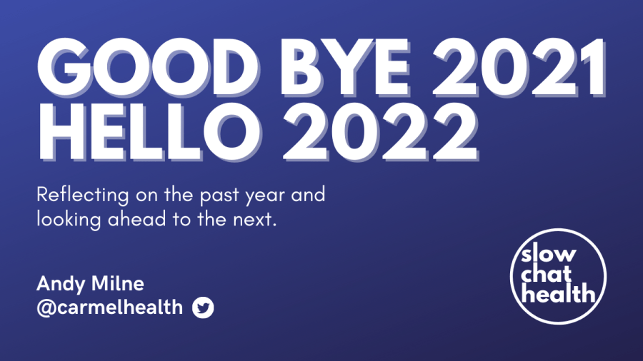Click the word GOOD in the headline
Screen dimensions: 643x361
coord(148,67)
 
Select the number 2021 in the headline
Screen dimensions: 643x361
coord(519,67)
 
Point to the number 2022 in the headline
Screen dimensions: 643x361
coord(381,131)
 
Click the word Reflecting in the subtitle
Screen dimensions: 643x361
coord(83,195)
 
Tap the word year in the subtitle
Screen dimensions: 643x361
coord(265,196)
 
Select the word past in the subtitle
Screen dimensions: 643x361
coord(219,196)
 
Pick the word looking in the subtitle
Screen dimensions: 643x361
coord(69,220)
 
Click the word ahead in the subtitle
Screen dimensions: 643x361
coord(137,219)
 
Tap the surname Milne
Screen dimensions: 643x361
coord(118,283)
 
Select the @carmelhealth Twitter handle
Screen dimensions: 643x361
coord(110,307)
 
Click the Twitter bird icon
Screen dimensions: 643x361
coord(203,307)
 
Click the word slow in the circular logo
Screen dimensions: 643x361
coord(548,254)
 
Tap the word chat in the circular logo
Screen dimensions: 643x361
coord(546,273)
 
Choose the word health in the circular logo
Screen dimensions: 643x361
coord(558,293)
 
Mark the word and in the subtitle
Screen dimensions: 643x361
coord(308,195)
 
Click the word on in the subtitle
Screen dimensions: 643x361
coord(146,196)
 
